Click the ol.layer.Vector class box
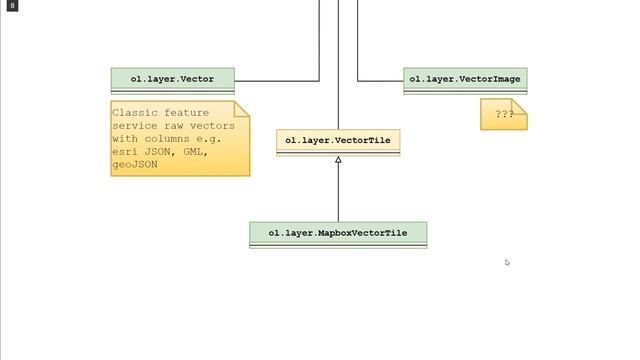click(x=171, y=78)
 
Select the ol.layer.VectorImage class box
click(x=465, y=78)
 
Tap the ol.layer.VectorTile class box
click(x=338, y=141)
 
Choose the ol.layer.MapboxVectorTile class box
click(x=338, y=233)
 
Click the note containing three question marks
click(x=502, y=115)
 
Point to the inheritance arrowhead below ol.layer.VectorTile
click(x=338, y=161)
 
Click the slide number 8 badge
click(x=12, y=6)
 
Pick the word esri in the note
click(x=125, y=151)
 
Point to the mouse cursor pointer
click(x=507, y=262)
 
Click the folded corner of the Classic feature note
click(x=241, y=109)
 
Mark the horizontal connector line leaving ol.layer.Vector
click(x=276, y=80)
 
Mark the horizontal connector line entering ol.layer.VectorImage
click(x=381, y=80)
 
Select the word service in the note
click(x=135, y=126)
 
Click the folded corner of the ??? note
click(x=520, y=105)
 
